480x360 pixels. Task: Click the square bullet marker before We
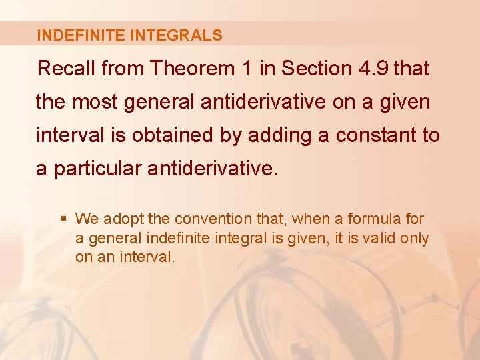[63, 219]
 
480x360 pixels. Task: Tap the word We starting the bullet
[86, 219]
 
